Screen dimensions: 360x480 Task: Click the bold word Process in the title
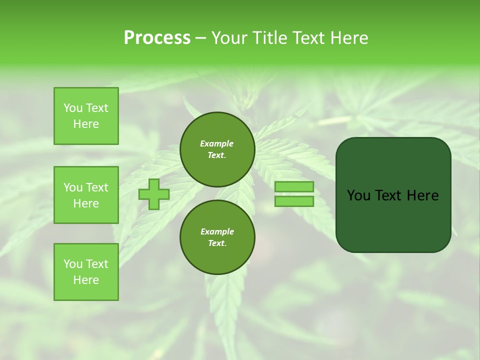[x=157, y=38]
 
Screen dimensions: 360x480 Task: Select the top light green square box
[x=86, y=116]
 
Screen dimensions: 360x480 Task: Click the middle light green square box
[x=86, y=195]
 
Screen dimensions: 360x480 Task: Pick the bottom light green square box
[x=86, y=272]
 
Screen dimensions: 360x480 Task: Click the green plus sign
[x=154, y=194]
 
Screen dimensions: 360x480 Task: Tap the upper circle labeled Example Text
[x=217, y=149]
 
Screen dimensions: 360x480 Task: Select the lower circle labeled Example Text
[x=217, y=237]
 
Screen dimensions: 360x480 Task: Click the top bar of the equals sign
[x=294, y=186]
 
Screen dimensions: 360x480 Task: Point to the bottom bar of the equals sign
[x=294, y=201]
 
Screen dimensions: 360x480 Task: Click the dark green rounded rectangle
[x=393, y=194]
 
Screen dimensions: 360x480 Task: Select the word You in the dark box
[x=358, y=195]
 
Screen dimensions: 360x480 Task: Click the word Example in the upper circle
[x=216, y=143]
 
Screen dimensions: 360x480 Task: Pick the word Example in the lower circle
[x=217, y=231]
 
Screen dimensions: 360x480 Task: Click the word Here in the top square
[x=86, y=124]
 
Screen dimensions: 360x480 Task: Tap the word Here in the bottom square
[x=86, y=280]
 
